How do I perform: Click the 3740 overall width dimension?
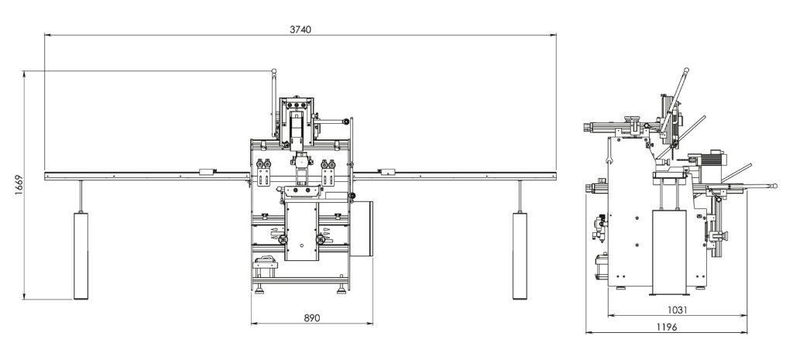300,29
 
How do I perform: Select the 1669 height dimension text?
19,186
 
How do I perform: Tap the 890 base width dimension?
312,318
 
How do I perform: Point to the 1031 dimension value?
677,310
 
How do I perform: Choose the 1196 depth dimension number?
667,327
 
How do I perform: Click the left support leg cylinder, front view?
81,255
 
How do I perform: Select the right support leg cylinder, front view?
520,255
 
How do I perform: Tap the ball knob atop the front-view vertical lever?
274,71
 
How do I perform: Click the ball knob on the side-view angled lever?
686,70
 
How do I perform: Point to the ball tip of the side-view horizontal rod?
774,186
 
